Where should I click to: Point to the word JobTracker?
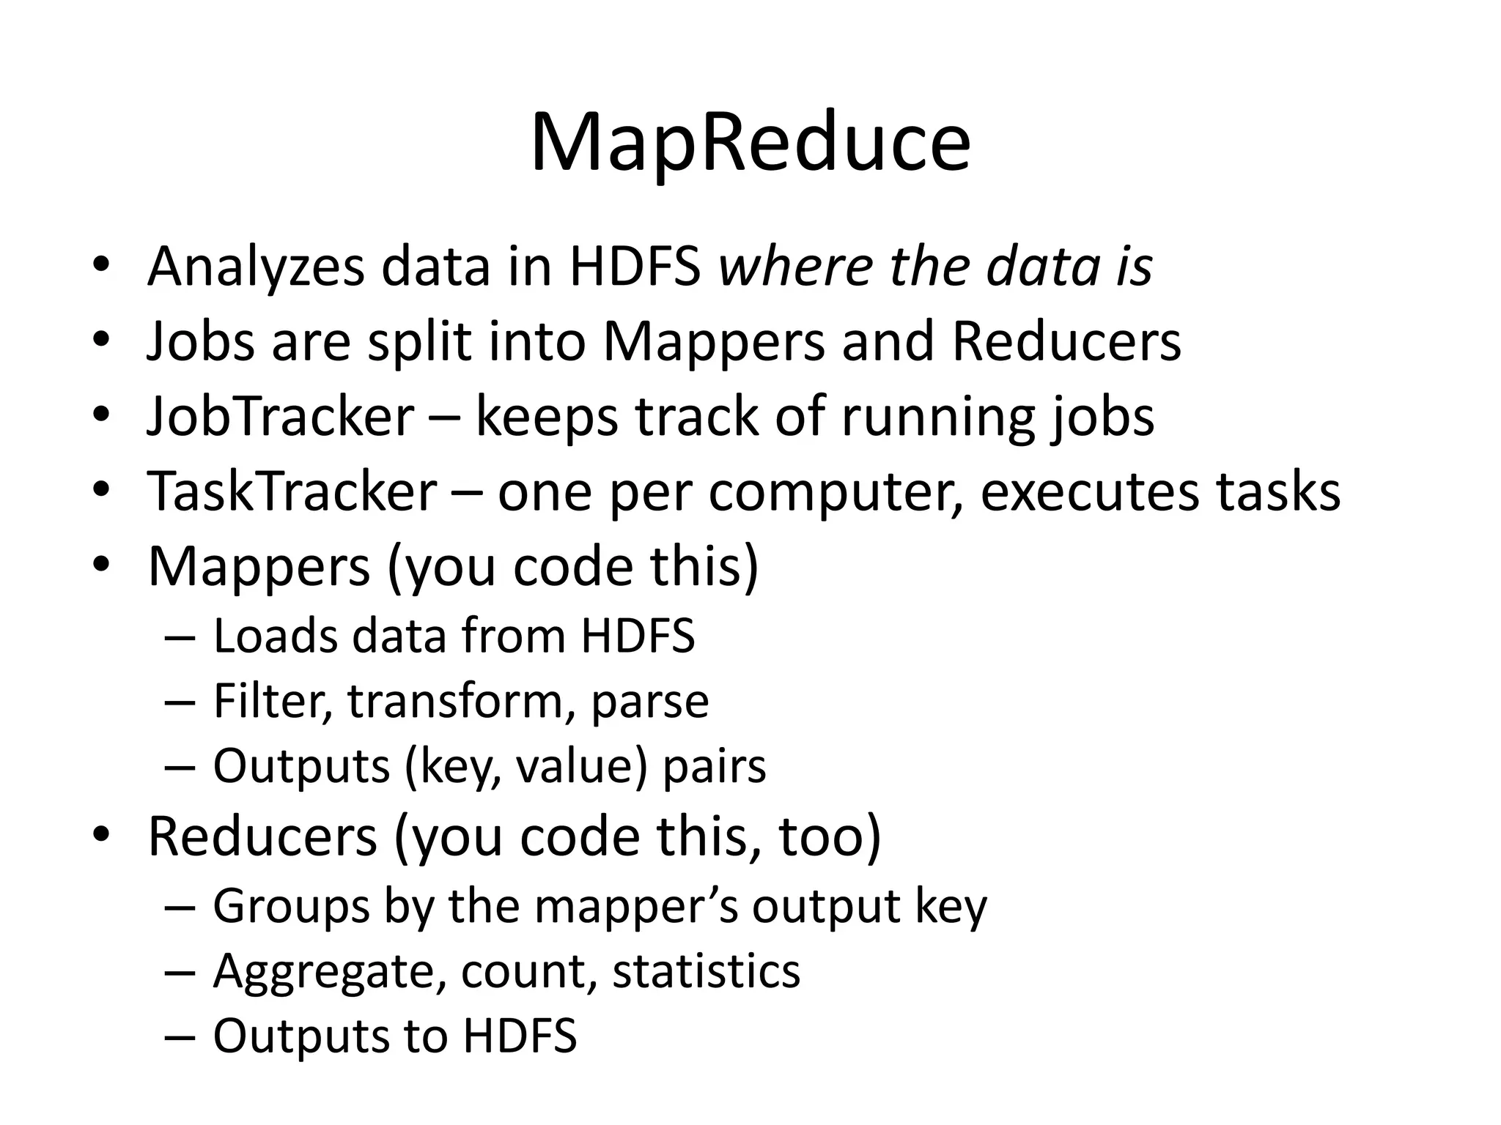(x=281, y=417)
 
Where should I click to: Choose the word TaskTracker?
(x=292, y=491)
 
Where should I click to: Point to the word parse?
(x=650, y=702)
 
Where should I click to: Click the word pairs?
(x=715, y=767)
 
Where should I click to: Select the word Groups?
(x=291, y=907)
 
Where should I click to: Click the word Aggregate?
(x=329, y=973)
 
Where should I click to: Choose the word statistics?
(x=707, y=971)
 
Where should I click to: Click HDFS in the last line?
(x=520, y=1036)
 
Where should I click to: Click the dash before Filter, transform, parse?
(x=180, y=702)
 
